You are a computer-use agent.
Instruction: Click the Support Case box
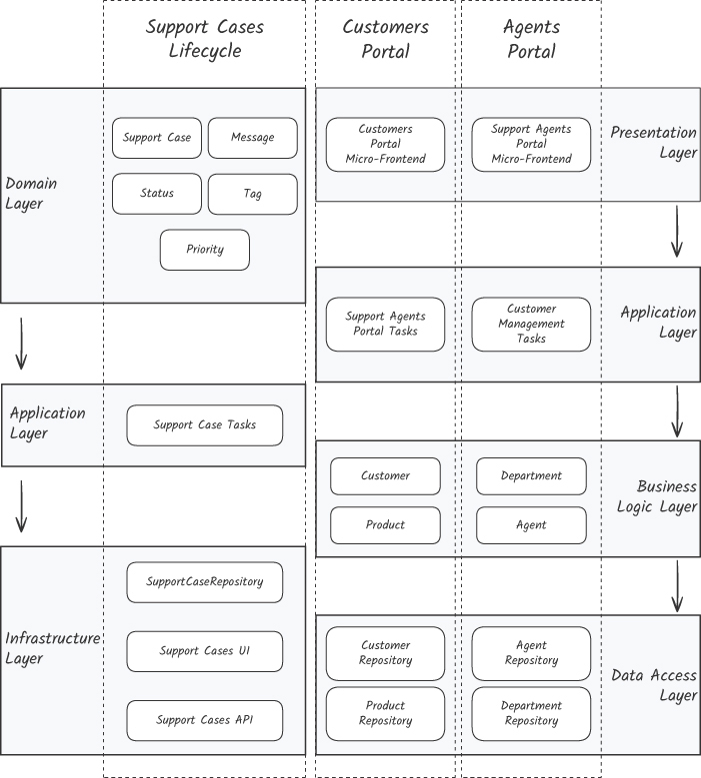[x=157, y=138]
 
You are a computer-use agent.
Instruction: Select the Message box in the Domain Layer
[x=253, y=138]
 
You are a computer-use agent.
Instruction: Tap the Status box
[x=157, y=194]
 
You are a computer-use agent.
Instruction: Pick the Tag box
[x=253, y=194]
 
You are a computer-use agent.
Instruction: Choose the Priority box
[x=205, y=250]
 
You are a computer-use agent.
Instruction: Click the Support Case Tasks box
[x=205, y=425]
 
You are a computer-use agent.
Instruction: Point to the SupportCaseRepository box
[x=205, y=582]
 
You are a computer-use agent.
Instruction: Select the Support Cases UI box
[x=205, y=651]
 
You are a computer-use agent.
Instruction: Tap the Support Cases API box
[x=205, y=720]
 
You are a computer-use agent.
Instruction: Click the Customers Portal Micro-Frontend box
[x=386, y=145]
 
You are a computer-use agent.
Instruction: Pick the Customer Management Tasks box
[x=532, y=324]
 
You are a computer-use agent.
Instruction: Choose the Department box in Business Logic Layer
[x=532, y=475]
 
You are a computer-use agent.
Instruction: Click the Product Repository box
[x=386, y=713]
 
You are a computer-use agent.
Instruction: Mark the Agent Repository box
[x=532, y=653]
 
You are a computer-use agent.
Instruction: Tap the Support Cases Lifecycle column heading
[x=205, y=39]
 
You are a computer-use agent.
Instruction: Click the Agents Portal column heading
[x=532, y=39]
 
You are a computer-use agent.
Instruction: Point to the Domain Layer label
[x=31, y=194]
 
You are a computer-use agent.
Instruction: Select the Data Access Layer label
[x=654, y=685]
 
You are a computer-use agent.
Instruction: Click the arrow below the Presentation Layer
[x=677, y=232]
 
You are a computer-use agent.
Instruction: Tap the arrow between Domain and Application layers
[x=21, y=344]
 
